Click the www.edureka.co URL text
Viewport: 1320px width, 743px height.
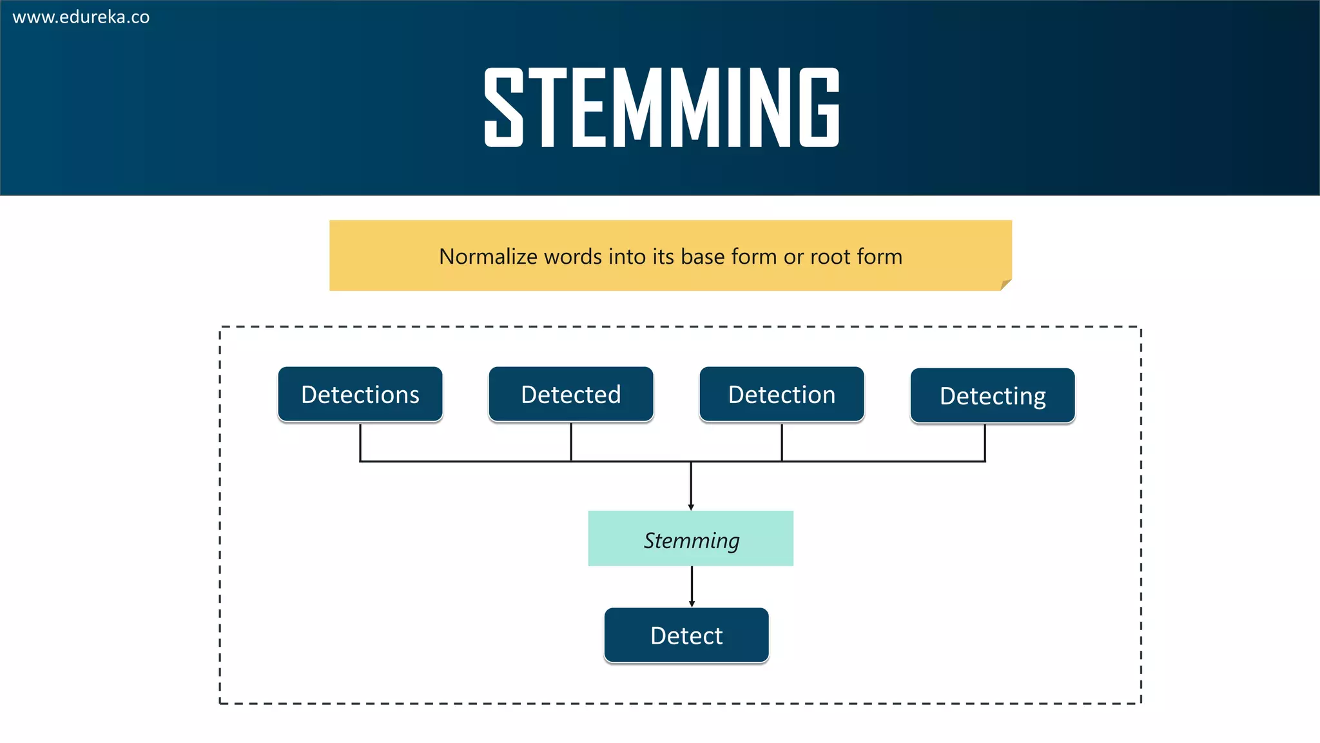(81, 17)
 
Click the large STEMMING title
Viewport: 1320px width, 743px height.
(662, 108)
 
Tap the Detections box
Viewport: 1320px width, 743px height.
(360, 395)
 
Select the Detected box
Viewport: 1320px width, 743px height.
(571, 395)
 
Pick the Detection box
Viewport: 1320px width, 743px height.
(782, 395)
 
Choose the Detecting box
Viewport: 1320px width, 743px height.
(993, 396)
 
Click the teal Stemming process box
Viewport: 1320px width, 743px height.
(691, 539)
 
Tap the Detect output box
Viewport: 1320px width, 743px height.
(686, 636)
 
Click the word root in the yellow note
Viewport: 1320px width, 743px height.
(832, 257)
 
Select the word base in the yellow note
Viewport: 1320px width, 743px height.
(703, 257)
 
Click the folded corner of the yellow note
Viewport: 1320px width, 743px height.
(1005, 284)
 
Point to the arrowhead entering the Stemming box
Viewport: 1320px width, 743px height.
(691, 507)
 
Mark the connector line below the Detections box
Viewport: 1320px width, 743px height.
(360, 442)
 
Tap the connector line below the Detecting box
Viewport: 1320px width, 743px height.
(985, 442)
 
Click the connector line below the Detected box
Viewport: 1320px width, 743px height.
(571, 442)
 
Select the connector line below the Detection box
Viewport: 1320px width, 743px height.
(782, 442)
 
